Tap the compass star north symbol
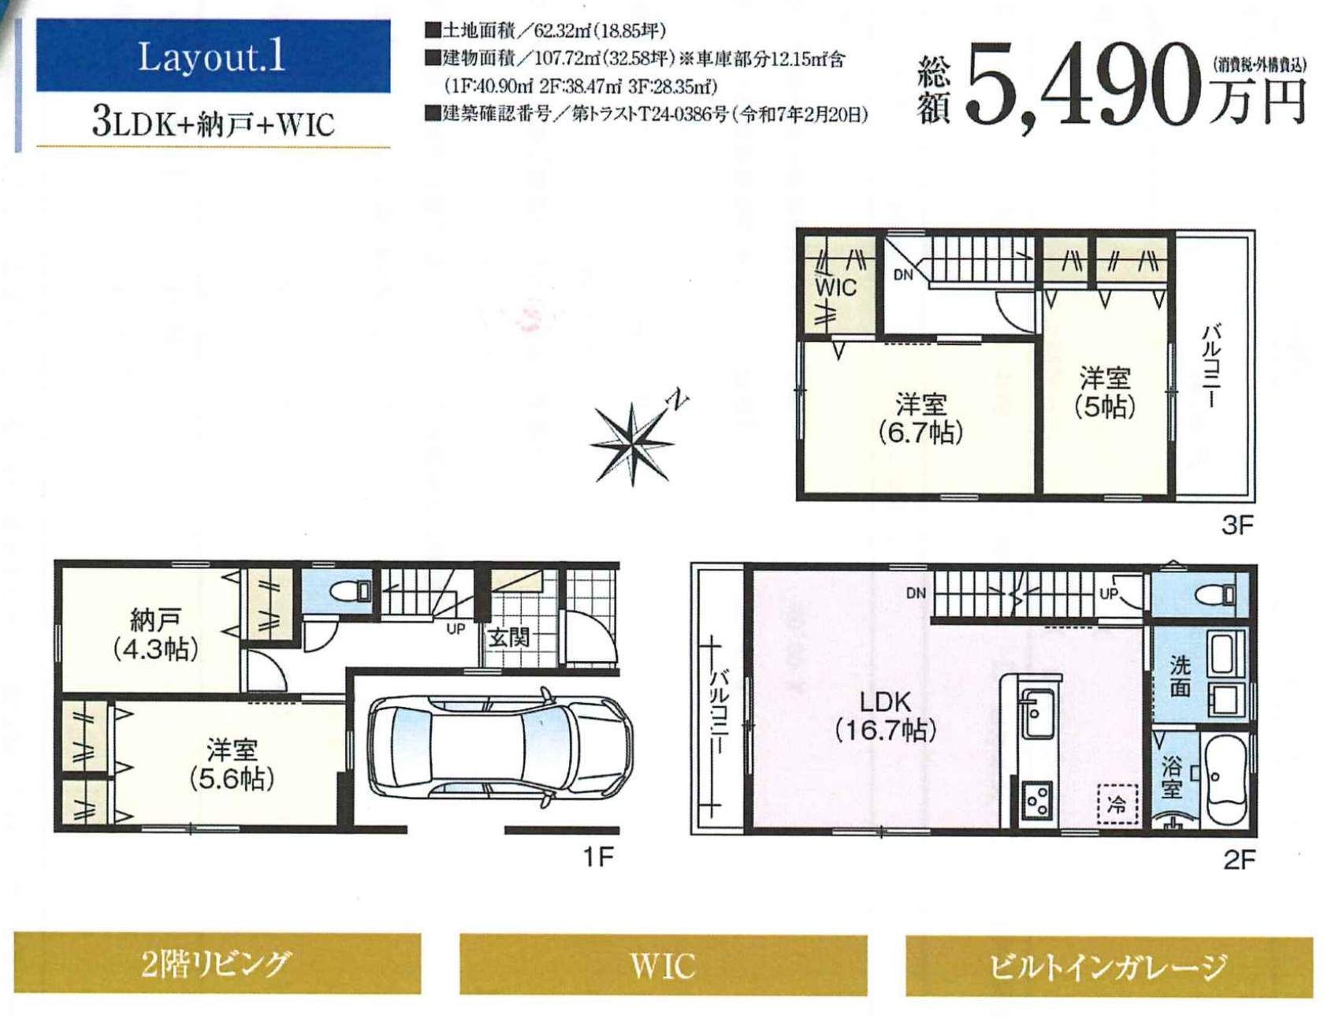pyautogui.click(x=633, y=444)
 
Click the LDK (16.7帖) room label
pyautogui.click(x=885, y=716)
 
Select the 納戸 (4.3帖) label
pyautogui.click(x=155, y=634)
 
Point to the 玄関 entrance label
pyautogui.click(x=508, y=637)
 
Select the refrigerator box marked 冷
pyautogui.click(x=1117, y=804)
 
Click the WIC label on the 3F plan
pyautogui.click(x=835, y=288)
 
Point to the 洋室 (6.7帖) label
pyautogui.click(x=920, y=418)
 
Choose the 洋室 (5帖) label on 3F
pyautogui.click(x=1105, y=392)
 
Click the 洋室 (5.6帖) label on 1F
pyautogui.click(x=232, y=764)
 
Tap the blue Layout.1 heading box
pyautogui.click(x=213, y=56)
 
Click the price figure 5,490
pyautogui.click(x=1088, y=84)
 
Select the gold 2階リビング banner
pyautogui.click(x=217, y=963)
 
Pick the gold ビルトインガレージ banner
pyautogui.click(x=1109, y=966)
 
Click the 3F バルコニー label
pyautogui.click(x=1211, y=365)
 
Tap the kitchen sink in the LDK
pyautogui.click(x=1037, y=713)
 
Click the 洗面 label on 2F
pyautogui.click(x=1180, y=676)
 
